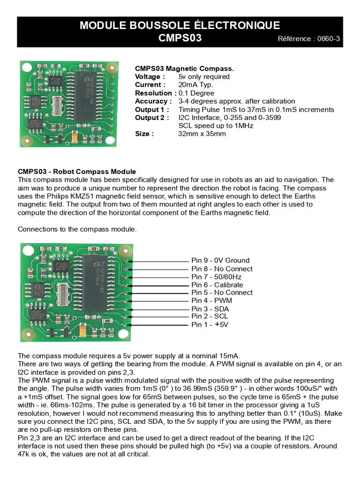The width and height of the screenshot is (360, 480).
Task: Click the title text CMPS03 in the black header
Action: (x=180, y=38)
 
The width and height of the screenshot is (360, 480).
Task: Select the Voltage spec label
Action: (x=150, y=76)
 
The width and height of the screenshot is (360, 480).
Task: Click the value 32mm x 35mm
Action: (x=202, y=134)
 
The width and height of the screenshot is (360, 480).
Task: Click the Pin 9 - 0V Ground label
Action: (x=220, y=261)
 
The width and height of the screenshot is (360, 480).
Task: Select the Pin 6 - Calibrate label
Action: (x=217, y=285)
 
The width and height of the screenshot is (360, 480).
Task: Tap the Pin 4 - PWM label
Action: (x=211, y=300)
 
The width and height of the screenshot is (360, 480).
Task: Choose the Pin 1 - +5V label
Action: (x=210, y=324)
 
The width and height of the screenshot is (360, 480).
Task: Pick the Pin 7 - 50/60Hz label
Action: (x=216, y=277)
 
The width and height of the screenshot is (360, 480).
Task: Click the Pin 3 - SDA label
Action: (x=210, y=309)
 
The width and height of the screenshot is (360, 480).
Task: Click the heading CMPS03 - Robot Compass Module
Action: (x=77, y=172)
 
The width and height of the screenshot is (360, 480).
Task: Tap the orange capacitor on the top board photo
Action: (x=75, y=137)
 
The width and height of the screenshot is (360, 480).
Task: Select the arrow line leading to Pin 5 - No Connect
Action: (x=159, y=293)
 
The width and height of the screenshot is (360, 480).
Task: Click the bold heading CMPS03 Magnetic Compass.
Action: (x=184, y=68)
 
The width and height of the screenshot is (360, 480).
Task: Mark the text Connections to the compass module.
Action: (x=77, y=229)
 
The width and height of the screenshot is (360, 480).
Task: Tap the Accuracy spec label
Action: (x=153, y=101)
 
